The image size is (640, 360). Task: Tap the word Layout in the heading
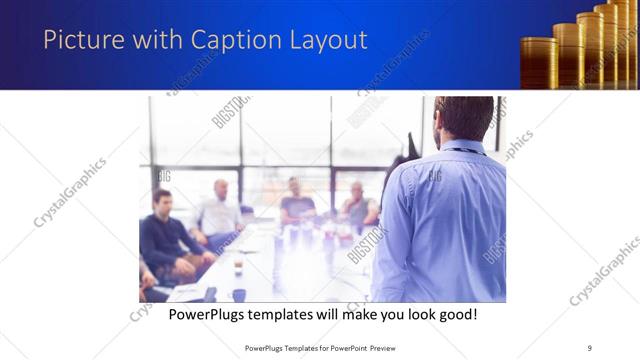tap(323, 41)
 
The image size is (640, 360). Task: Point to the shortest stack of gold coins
tap(539, 62)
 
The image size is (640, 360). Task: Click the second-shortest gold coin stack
tap(567, 54)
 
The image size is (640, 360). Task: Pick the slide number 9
tap(590, 347)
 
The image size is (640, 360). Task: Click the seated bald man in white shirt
tap(219, 210)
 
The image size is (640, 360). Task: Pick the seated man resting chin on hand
tap(358, 205)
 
